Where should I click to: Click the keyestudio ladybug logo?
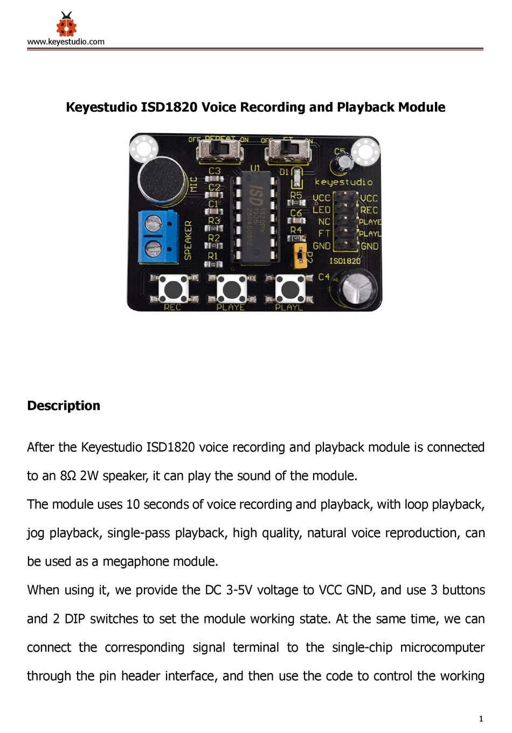66,24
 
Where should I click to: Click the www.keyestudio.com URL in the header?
66,42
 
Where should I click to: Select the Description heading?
64,406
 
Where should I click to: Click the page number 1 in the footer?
481,718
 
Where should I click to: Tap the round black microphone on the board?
161,181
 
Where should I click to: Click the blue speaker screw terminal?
157,237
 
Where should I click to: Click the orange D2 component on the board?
300,256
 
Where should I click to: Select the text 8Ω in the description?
67,476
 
